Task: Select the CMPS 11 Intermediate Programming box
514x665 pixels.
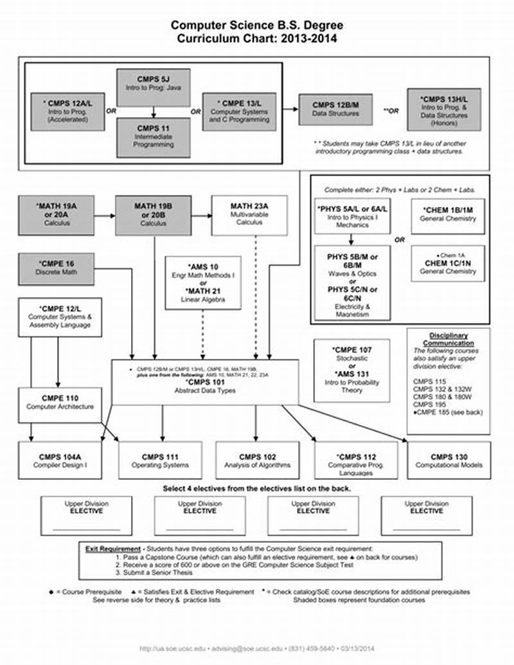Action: (x=153, y=136)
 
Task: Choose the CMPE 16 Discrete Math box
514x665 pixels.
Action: (x=57, y=268)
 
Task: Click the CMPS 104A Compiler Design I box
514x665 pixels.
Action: (x=60, y=460)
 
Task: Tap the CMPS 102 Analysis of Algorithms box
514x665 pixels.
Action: (x=258, y=460)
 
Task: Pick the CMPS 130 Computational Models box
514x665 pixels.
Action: (x=447, y=460)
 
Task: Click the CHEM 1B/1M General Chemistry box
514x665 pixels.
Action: (x=448, y=215)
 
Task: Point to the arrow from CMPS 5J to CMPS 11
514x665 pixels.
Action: (x=153, y=111)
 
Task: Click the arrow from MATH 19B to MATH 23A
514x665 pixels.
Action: (x=201, y=215)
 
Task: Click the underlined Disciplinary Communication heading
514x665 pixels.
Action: (x=448, y=339)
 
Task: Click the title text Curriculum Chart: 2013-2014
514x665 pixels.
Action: (x=257, y=39)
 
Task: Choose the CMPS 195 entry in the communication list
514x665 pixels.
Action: (x=427, y=405)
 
